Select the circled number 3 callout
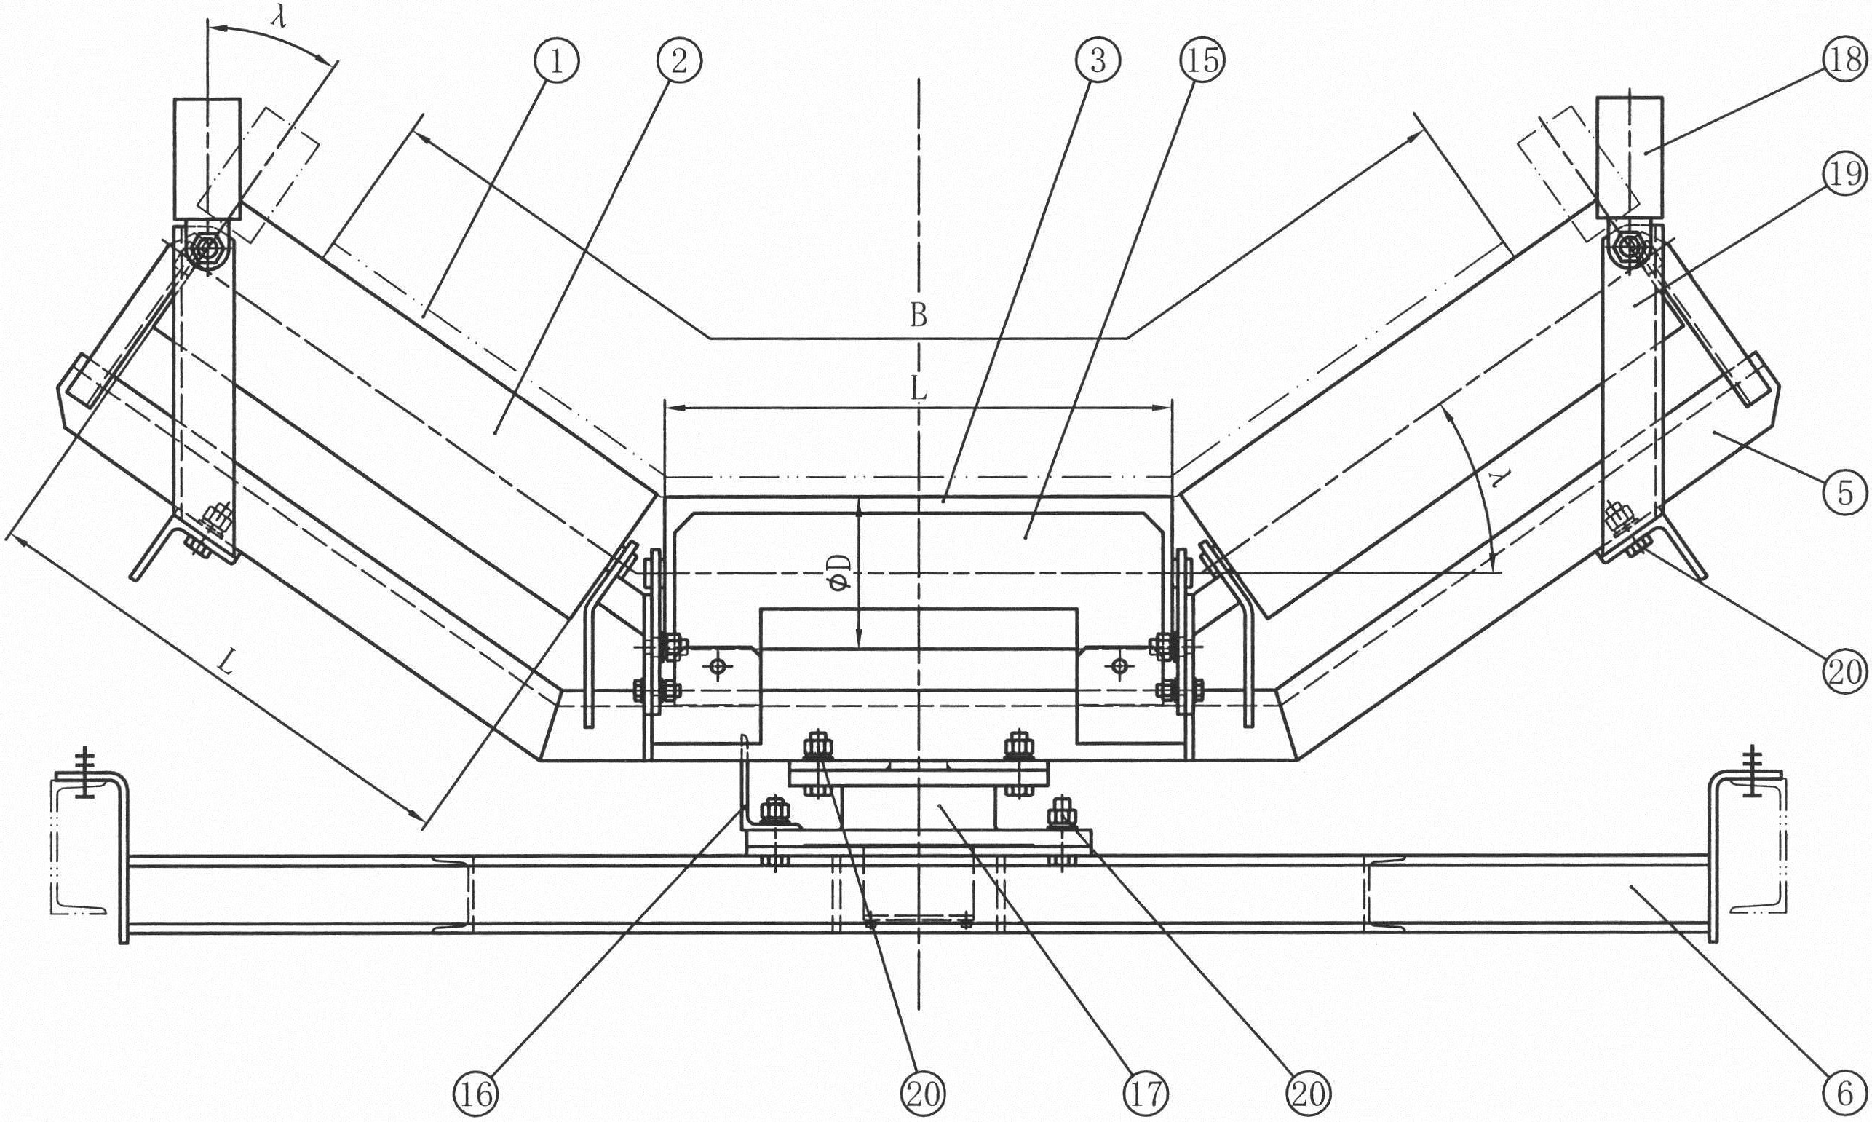click(1098, 60)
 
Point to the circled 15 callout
click(1202, 60)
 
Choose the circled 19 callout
click(1847, 175)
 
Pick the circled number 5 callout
click(1847, 494)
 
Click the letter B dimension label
click(918, 315)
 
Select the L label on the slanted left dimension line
click(226, 664)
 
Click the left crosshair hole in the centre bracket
click(717, 667)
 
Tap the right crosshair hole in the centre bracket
click(1119, 667)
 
